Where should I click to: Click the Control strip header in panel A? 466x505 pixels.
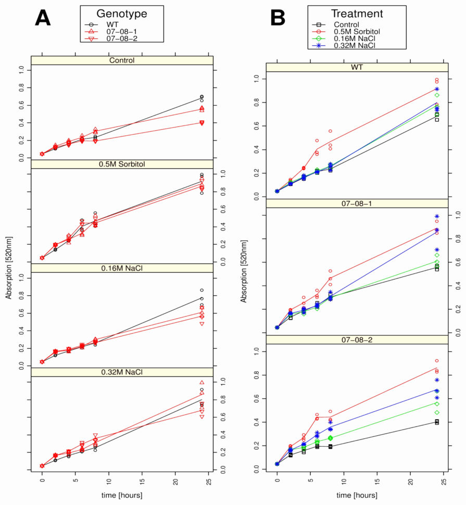tap(122, 60)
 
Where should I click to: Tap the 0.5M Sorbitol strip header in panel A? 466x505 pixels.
tap(122, 165)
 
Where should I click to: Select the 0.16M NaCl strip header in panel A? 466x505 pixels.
tap(122, 268)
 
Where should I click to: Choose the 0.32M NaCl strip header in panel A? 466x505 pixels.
tap(122, 372)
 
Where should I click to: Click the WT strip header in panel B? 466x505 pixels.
tap(357, 68)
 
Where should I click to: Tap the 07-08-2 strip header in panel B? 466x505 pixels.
tap(357, 339)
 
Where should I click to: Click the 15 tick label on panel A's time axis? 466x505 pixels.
tap(142, 482)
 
